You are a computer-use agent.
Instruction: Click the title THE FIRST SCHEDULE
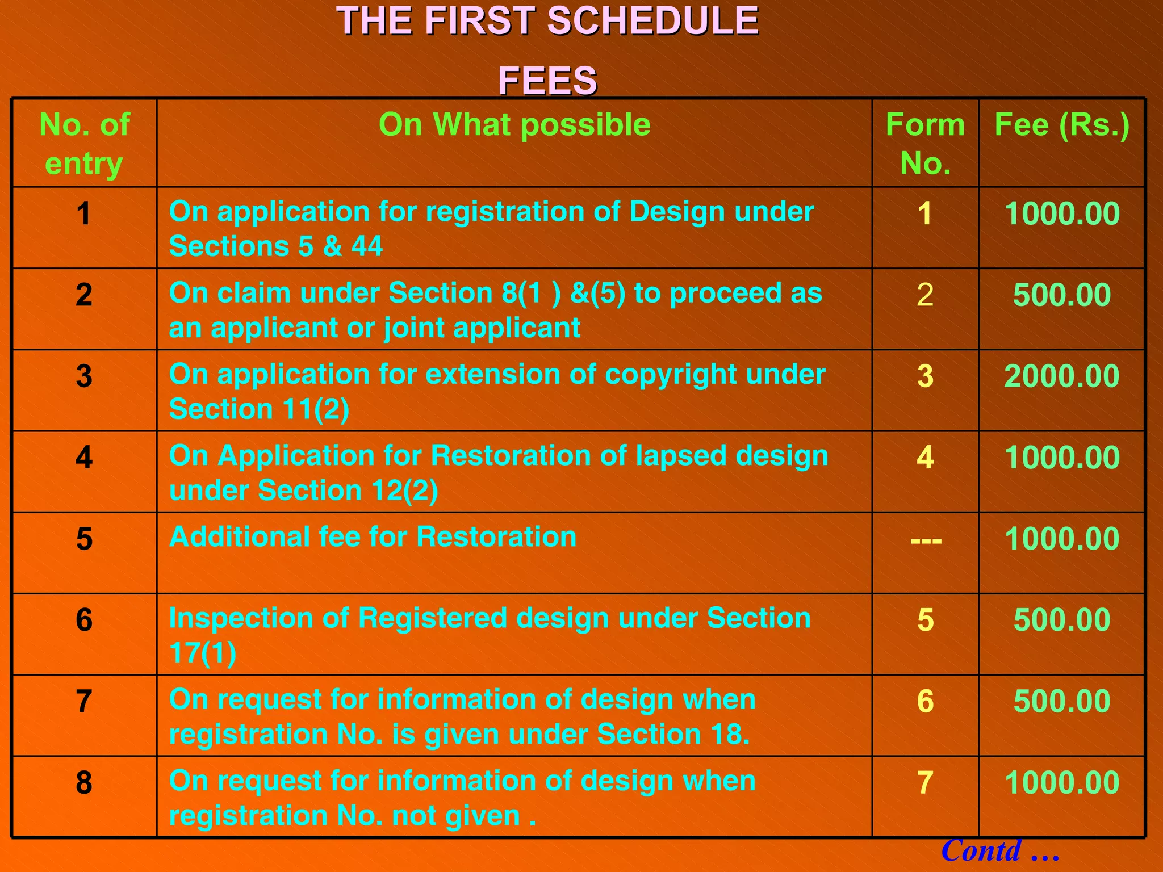pos(547,22)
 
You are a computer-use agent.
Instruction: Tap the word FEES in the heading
pos(547,80)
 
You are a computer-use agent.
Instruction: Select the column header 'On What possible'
pos(514,124)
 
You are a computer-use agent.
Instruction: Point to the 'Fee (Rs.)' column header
pos(1062,124)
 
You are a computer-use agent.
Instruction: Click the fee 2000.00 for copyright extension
pos(1062,376)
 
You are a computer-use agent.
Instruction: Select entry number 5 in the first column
pos(84,538)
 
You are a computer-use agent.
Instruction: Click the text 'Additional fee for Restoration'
pos(373,536)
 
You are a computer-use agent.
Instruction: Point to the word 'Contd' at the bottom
pos(981,850)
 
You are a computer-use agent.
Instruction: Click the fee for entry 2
pos(1062,295)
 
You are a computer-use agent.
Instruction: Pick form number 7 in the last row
pos(925,782)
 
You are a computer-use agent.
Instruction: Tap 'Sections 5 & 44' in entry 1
pos(275,246)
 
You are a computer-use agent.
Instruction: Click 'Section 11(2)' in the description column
pos(259,409)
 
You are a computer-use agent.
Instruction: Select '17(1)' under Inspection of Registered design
pos(203,653)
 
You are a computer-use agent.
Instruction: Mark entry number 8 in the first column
pos(84,782)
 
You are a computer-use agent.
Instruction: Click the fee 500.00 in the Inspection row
pos(1062,619)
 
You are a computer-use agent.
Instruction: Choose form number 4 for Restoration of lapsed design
pos(925,457)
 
